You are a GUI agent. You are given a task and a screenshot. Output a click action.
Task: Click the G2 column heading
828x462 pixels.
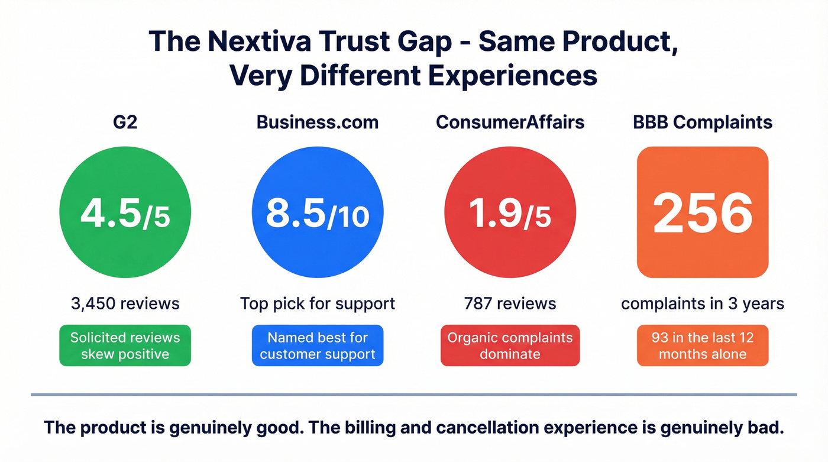(x=125, y=122)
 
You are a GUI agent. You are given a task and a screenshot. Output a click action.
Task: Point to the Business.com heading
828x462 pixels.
(x=318, y=122)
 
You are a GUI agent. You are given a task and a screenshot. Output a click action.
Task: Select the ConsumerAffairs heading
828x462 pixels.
(x=510, y=122)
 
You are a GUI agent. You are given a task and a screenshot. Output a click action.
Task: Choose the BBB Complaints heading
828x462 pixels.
(x=702, y=122)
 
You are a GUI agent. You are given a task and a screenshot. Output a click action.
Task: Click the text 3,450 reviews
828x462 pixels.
(x=125, y=304)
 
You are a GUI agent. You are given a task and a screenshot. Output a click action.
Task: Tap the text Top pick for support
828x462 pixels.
(x=318, y=304)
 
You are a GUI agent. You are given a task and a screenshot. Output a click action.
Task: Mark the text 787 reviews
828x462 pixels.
(x=510, y=304)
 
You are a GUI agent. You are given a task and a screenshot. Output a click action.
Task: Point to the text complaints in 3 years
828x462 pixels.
(x=702, y=304)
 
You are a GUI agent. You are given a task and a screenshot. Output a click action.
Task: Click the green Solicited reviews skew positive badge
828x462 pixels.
(x=125, y=345)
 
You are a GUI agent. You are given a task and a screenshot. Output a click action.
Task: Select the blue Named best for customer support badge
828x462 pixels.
(x=318, y=345)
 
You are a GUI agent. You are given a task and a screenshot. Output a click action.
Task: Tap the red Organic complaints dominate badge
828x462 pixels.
(x=510, y=345)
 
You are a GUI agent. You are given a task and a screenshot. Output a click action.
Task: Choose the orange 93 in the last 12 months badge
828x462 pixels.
(x=702, y=345)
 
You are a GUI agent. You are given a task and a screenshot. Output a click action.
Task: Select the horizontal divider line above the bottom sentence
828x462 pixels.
(x=413, y=394)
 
